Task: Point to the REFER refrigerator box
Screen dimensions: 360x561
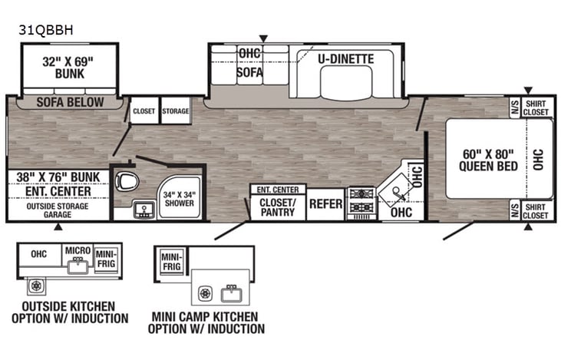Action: pyautogui.click(x=325, y=204)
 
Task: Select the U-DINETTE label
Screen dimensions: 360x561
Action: pyautogui.click(x=346, y=58)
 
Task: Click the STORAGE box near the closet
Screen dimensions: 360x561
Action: pyautogui.click(x=175, y=111)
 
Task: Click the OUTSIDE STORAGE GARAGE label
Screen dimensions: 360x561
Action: pyautogui.click(x=58, y=210)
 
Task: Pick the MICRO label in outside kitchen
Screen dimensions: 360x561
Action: pyautogui.click(x=78, y=251)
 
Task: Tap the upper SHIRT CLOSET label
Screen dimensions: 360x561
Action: pyautogui.click(x=536, y=107)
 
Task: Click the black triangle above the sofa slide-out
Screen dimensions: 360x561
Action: pyautogui.click(x=263, y=38)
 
